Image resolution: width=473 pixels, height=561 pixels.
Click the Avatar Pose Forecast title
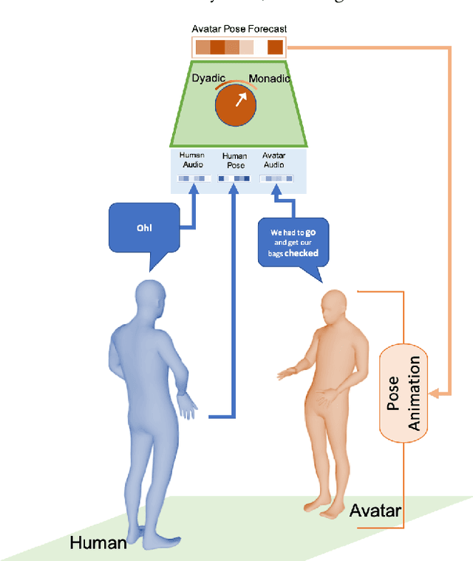click(x=239, y=29)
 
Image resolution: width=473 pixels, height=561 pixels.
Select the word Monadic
click(x=270, y=78)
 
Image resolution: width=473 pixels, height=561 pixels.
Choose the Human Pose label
click(x=234, y=160)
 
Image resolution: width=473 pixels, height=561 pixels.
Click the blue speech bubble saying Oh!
click(x=144, y=228)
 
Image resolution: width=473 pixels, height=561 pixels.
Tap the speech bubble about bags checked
click(x=293, y=243)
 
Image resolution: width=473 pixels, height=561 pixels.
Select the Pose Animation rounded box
click(x=404, y=393)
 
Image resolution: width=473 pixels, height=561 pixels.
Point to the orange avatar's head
click(x=335, y=306)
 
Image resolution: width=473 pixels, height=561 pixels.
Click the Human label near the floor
click(x=98, y=543)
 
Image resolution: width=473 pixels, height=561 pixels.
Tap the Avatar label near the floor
click(x=375, y=511)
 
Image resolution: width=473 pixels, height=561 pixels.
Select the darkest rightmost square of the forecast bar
click(x=275, y=48)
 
